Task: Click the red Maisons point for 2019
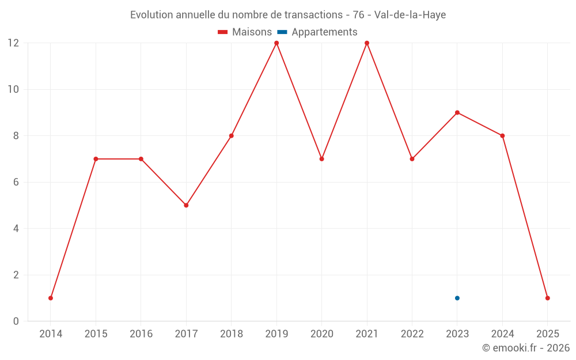coord(276,43)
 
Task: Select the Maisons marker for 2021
coord(367,43)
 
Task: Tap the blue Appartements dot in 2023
coord(457,298)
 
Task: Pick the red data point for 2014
coord(51,298)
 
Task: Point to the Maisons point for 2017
coord(186,205)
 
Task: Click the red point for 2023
coord(457,112)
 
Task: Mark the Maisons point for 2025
coord(547,298)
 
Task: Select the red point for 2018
coord(231,136)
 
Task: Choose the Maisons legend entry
coord(245,32)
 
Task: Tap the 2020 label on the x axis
coord(321,334)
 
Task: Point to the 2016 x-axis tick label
coord(141,334)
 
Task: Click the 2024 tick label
coord(502,334)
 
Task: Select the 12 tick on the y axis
coord(13,43)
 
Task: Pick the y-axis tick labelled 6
coord(16,182)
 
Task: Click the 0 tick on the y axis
coord(16,321)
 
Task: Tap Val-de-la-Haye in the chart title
coord(410,15)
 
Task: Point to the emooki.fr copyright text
coord(526,348)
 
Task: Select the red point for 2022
coord(412,159)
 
